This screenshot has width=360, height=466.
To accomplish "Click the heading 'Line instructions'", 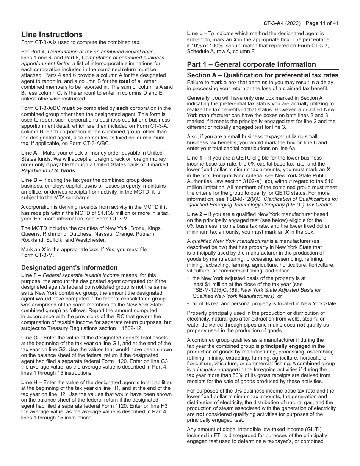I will tap(52, 34).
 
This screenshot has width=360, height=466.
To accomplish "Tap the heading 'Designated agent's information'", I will tap(69, 267).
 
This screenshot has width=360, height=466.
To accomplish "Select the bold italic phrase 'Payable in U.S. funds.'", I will tap(49, 170).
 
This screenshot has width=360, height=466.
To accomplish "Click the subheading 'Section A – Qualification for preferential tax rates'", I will tap(263, 75).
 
